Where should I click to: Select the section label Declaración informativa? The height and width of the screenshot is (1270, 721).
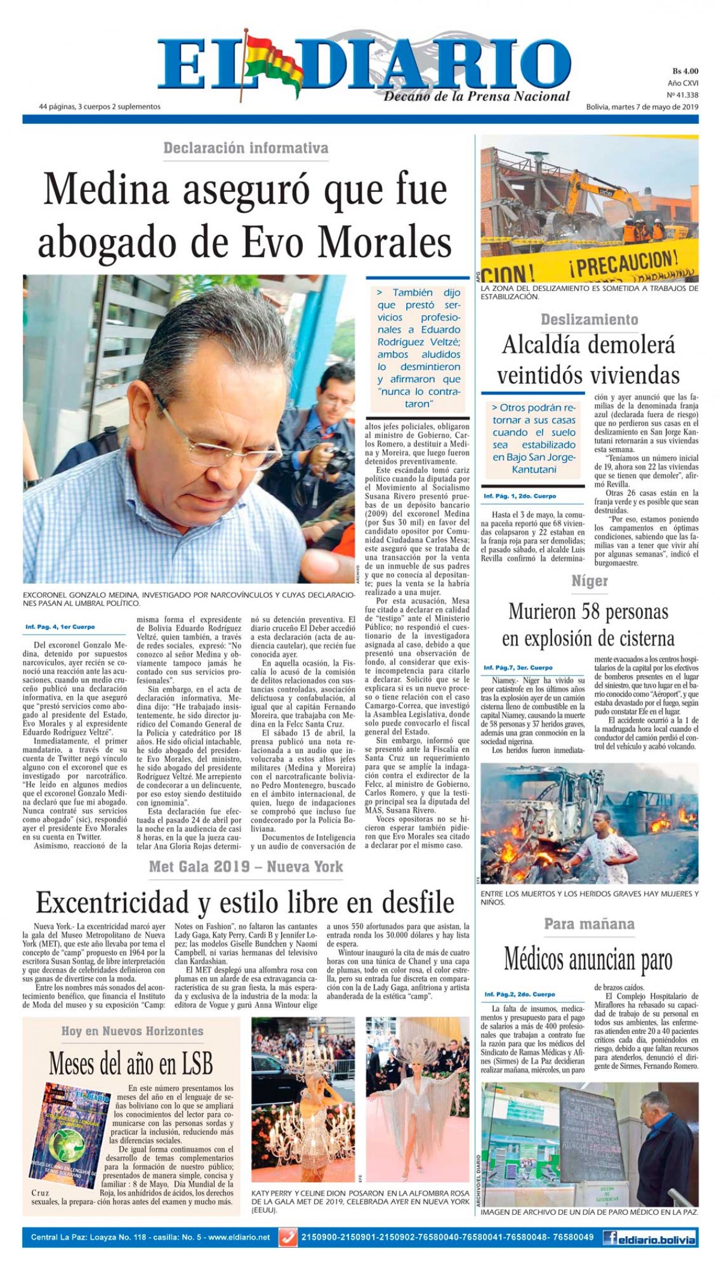pyautogui.click(x=246, y=148)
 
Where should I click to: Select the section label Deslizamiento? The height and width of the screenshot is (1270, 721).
pyautogui.click(x=589, y=320)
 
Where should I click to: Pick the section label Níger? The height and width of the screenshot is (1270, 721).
pyautogui.click(x=589, y=581)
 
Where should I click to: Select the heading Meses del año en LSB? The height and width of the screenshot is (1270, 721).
pyautogui.click(x=130, y=1063)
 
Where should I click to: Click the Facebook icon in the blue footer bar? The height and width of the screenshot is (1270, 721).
pyautogui.click(x=612, y=1238)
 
